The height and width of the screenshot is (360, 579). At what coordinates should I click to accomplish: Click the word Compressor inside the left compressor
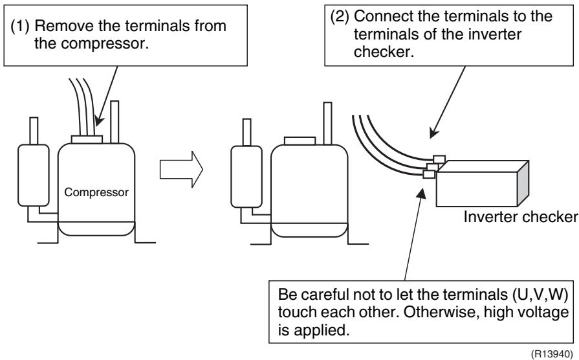(x=96, y=192)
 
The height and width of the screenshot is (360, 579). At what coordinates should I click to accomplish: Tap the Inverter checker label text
(x=521, y=217)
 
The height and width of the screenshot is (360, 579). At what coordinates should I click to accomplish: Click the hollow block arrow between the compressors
(x=181, y=169)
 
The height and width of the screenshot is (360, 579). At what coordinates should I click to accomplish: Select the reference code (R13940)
(x=552, y=354)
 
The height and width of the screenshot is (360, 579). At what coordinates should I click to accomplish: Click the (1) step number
(x=19, y=27)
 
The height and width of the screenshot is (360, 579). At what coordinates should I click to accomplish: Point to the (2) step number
(x=340, y=17)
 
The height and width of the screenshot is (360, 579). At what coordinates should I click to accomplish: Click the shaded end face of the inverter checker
(x=523, y=184)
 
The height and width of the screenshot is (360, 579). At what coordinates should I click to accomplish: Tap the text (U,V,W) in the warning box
(x=540, y=295)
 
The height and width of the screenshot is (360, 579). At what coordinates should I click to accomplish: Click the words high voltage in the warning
(x=526, y=312)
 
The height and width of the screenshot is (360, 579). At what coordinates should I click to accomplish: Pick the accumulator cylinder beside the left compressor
(x=33, y=175)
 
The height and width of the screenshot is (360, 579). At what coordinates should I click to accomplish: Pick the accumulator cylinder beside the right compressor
(x=246, y=177)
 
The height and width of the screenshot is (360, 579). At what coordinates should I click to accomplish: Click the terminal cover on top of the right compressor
(x=300, y=141)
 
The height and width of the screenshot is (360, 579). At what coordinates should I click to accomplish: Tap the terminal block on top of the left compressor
(x=87, y=139)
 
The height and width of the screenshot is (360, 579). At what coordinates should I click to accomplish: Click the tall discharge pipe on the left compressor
(x=115, y=122)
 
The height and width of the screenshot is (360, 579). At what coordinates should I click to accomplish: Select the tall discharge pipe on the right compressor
(x=327, y=124)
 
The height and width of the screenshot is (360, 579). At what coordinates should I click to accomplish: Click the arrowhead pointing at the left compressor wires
(x=98, y=121)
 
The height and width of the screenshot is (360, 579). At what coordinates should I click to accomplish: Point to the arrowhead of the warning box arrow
(x=421, y=193)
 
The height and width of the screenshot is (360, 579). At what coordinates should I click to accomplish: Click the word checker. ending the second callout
(x=384, y=52)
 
